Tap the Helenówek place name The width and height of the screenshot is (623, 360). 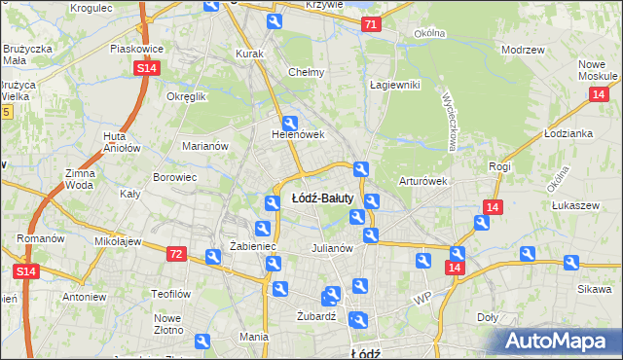(x=297, y=135)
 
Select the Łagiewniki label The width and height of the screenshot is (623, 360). (x=394, y=85)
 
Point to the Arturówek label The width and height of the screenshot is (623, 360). (x=422, y=181)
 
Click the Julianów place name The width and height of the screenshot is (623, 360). (x=331, y=247)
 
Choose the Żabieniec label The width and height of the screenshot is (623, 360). (x=253, y=247)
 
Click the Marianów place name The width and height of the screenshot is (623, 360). (x=205, y=146)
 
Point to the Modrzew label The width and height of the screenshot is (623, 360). (x=522, y=50)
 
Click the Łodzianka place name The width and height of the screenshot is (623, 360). (x=569, y=133)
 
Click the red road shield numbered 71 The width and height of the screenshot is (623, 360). (x=370, y=23)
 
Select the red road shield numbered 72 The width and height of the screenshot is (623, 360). (x=176, y=253)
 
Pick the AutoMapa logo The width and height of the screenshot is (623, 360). (x=559, y=342)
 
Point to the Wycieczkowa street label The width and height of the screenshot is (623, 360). (x=450, y=121)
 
